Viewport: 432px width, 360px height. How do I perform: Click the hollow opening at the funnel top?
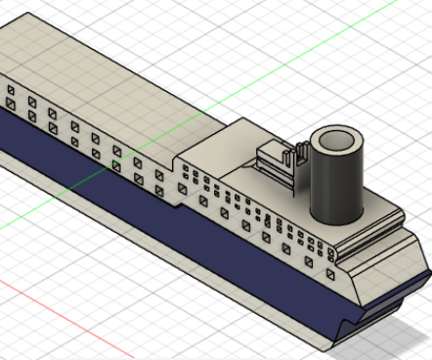pos(335,141)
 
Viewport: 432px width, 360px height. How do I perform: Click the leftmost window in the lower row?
pos(11,103)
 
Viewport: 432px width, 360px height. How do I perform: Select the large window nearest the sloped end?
pos(331,276)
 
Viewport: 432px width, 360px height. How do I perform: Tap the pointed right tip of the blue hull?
pos(428,268)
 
